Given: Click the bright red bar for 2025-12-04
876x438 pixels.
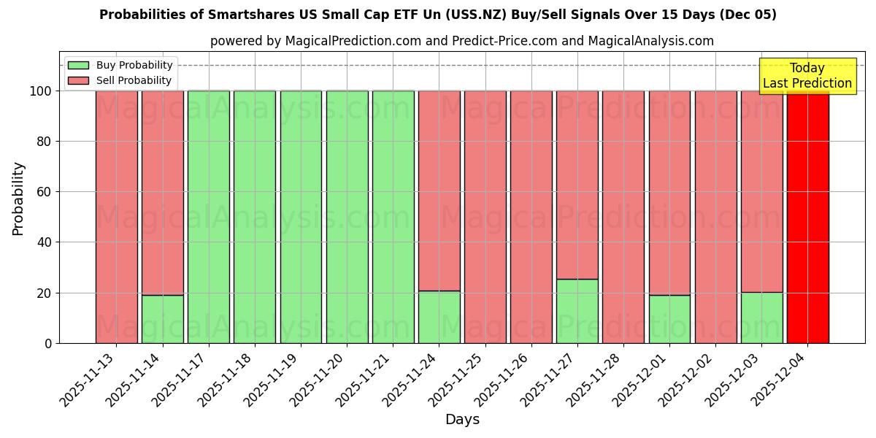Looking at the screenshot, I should point(807,217).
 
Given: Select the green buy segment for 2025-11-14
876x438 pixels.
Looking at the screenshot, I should point(162,319).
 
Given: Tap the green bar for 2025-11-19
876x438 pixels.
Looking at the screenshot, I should point(301,217).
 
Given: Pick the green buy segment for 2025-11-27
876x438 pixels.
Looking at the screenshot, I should point(577,311).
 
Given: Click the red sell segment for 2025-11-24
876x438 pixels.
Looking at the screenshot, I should point(439,191).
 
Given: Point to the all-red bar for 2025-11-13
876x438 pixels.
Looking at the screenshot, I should point(116,217).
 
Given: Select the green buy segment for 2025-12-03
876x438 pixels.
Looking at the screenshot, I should point(761,318).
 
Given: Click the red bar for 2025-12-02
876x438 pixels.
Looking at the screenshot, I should point(715,217).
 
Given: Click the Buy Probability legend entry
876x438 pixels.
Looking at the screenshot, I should point(120,65).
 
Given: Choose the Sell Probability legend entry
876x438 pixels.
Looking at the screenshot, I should point(120,80).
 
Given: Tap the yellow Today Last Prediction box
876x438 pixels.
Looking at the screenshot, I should point(807,76).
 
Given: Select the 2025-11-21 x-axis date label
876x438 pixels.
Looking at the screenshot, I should point(365,380).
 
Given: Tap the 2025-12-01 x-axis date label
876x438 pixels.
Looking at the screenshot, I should point(642,380).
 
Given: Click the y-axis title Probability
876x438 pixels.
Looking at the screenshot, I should point(18,198).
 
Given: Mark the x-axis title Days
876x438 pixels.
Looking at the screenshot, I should point(462,420).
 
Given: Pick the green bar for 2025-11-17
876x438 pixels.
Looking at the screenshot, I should point(208,217).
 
